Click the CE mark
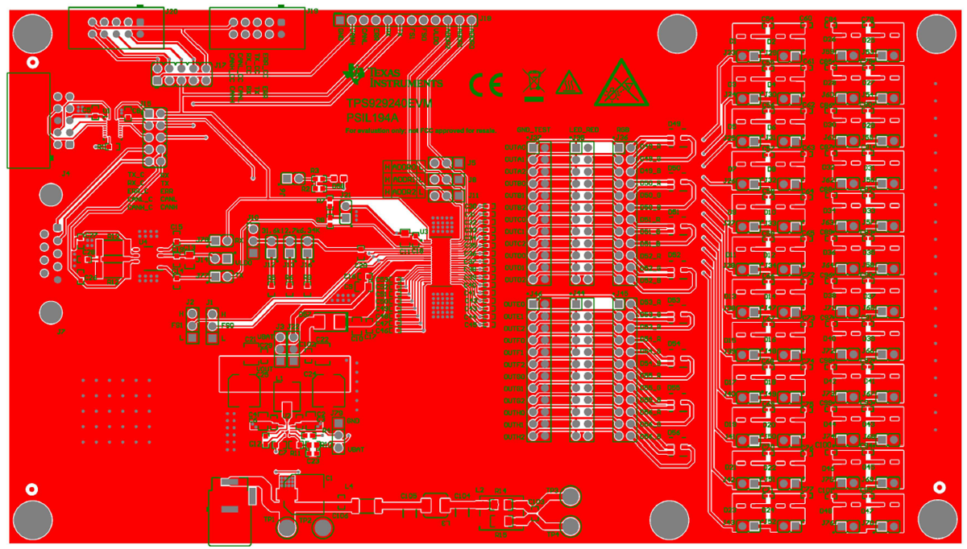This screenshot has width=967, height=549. [487, 84]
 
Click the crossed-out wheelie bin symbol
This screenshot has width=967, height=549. [532, 85]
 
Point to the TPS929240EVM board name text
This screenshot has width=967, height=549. [389, 104]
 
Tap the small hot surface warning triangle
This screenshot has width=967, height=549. [569, 84]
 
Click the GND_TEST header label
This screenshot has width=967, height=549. [533, 130]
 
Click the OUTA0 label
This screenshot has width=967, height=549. [513, 147]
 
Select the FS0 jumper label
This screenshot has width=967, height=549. [228, 325]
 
